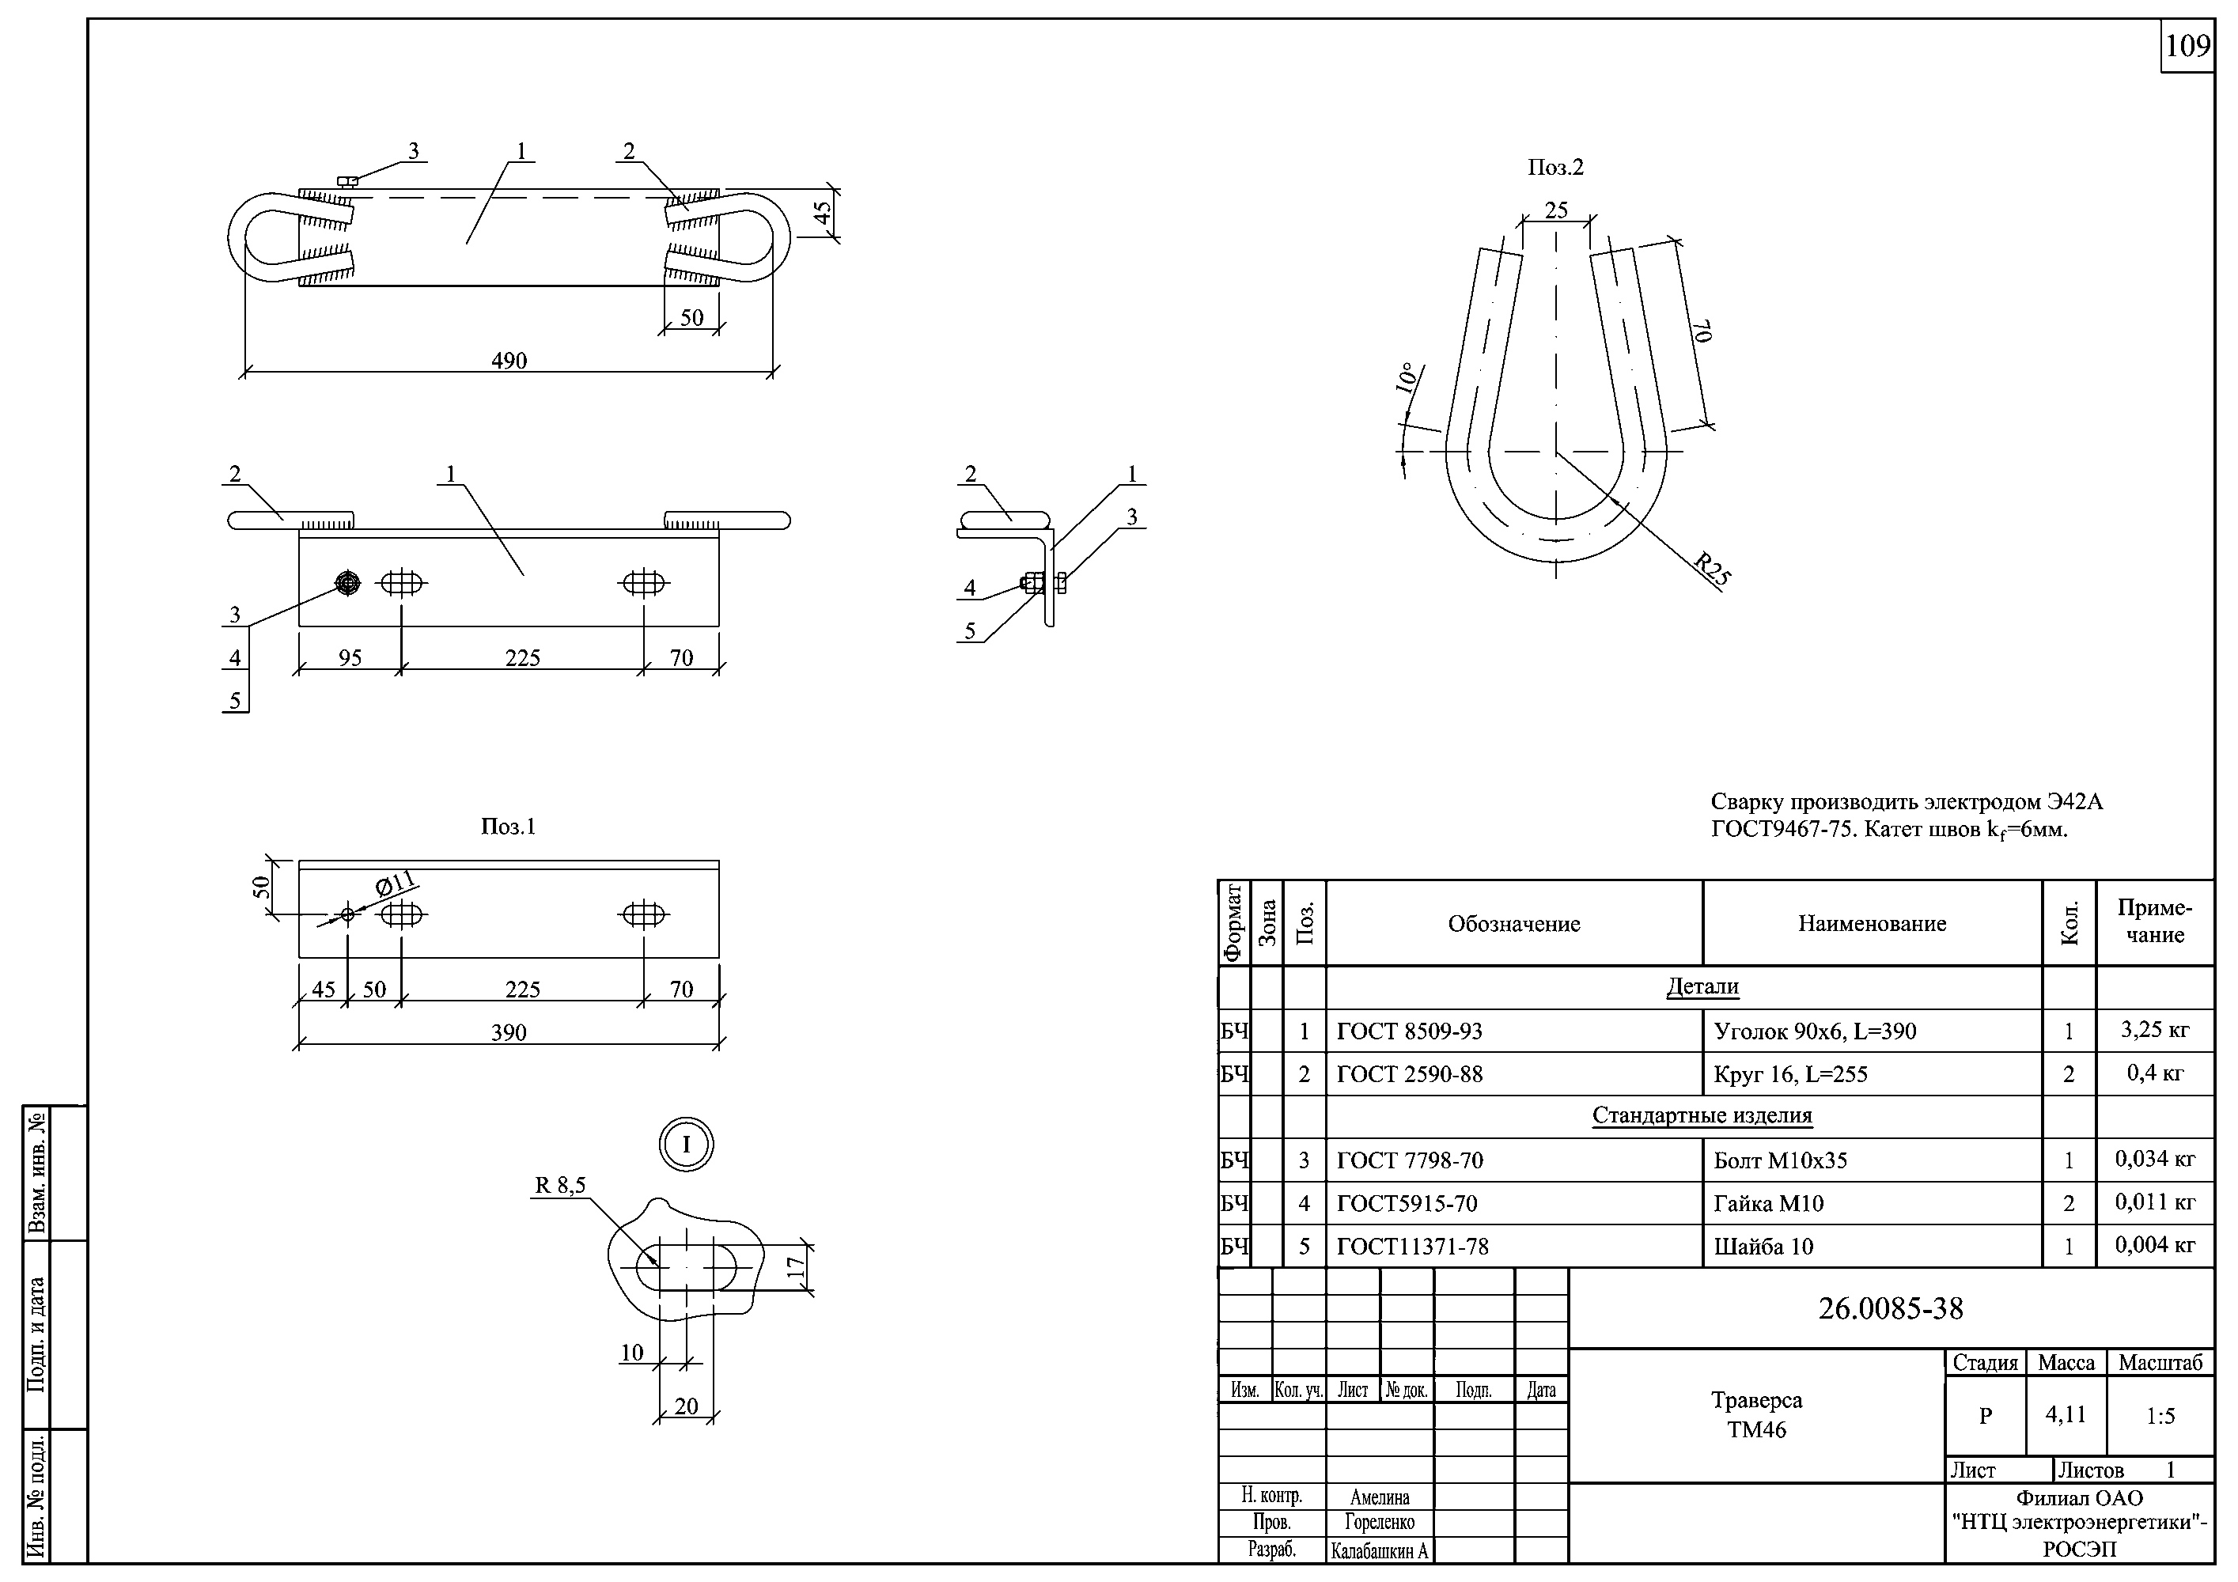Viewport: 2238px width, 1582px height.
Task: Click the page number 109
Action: [2187, 47]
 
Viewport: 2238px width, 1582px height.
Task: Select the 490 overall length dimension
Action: [509, 361]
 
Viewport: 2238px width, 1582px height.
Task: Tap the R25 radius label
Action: [1712, 570]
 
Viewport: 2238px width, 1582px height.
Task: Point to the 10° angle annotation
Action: [1406, 378]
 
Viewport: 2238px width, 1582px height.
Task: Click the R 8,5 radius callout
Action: [559, 1185]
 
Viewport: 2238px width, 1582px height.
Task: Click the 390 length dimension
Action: [509, 1032]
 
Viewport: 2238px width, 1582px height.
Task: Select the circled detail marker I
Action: [686, 1145]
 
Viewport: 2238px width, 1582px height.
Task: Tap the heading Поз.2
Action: [1555, 168]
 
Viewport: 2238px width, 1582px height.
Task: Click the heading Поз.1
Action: [508, 827]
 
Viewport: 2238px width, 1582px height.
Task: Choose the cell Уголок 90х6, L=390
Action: [1814, 1031]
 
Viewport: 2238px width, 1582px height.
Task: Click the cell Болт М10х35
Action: [1780, 1161]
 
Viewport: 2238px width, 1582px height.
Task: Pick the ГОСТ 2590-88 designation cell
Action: [1410, 1074]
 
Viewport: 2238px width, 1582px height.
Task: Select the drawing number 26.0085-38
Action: [1890, 1308]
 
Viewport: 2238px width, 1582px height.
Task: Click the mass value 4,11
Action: [2066, 1414]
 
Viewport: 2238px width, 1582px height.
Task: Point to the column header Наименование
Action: [1872, 924]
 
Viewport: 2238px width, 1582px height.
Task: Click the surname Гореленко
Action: [1379, 1522]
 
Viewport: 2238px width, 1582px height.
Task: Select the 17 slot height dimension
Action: [797, 1267]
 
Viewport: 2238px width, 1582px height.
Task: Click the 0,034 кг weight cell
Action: [2154, 1159]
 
